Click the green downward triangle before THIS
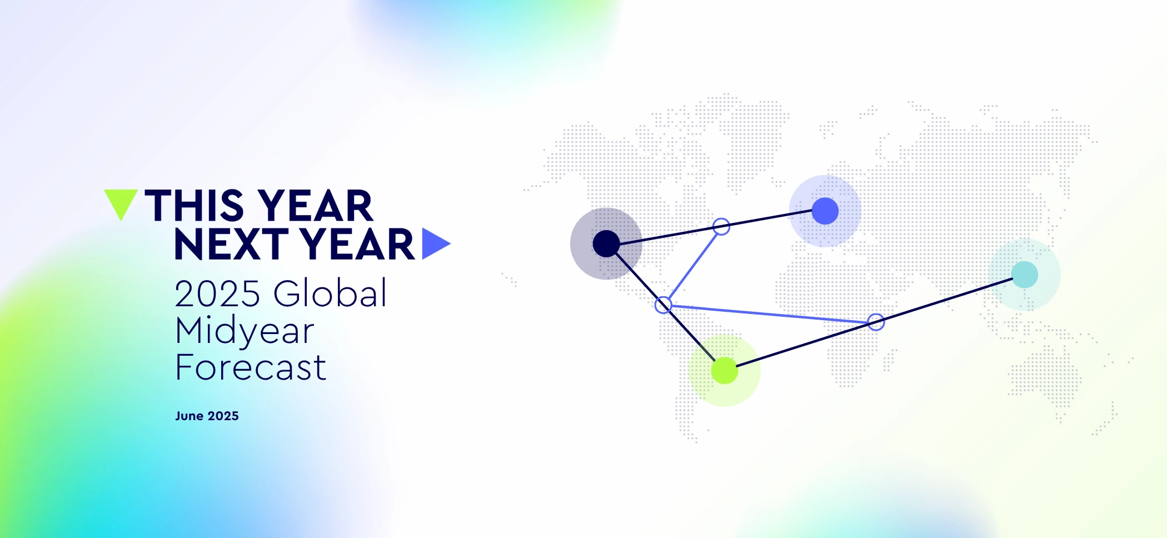pyautogui.click(x=121, y=201)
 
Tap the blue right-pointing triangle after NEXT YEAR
pyautogui.click(x=433, y=243)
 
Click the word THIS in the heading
pyautogui.click(x=194, y=206)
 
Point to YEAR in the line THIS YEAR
pyautogui.click(x=315, y=206)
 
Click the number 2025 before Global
pyautogui.click(x=217, y=293)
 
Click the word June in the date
pyautogui.click(x=189, y=416)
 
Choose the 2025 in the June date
pyautogui.click(x=223, y=416)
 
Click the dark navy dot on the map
pyautogui.click(x=606, y=243)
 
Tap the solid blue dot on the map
pyautogui.click(x=825, y=211)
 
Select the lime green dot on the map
pyautogui.click(x=725, y=371)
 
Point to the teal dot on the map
pyautogui.click(x=1025, y=275)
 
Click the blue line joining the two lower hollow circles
pyautogui.click(x=770, y=313)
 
